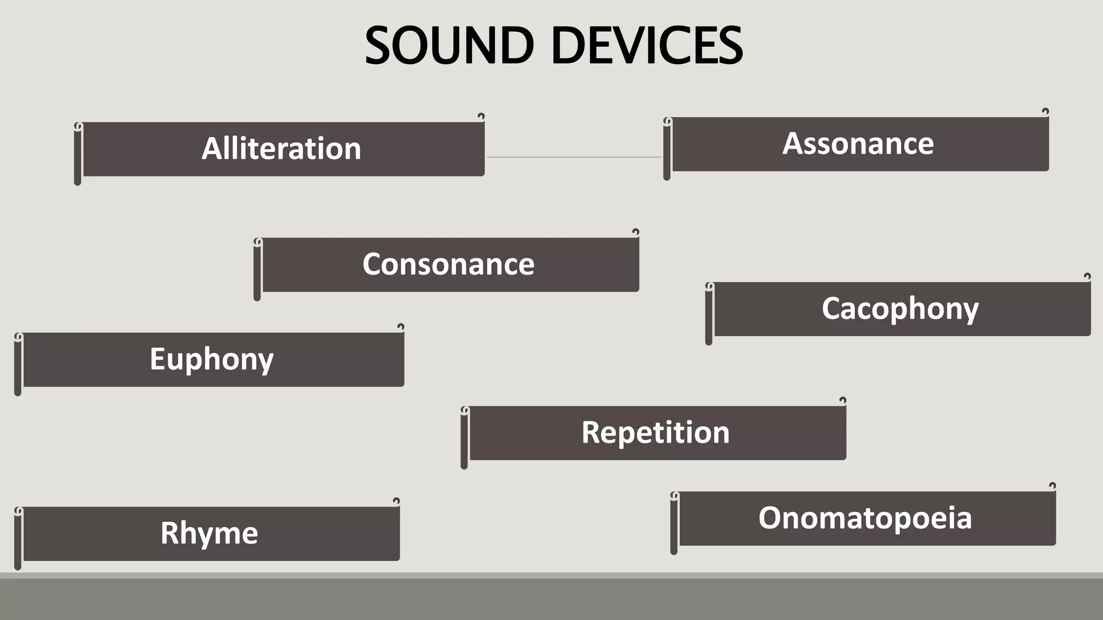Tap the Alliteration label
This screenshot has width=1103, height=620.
coord(281,149)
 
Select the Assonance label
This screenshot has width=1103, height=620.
coord(858,144)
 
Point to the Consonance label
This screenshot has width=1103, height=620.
coord(448,264)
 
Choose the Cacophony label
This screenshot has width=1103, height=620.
coord(900,309)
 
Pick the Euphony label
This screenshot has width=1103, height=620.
coord(212,359)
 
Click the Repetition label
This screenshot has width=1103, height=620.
coord(655,432)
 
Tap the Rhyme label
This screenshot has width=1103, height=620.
coord(209,533)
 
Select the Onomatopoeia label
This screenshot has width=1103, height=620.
coord(865,518)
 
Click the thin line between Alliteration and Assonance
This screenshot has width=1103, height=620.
coord(574,157)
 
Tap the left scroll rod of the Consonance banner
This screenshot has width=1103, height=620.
coord(257,270)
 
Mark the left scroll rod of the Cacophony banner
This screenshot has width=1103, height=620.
coord(709,314)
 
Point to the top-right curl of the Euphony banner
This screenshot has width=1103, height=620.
coord(401,327)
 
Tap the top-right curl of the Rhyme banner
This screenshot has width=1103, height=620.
coord(396,501)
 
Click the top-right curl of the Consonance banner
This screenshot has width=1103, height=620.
coord(636,232)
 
